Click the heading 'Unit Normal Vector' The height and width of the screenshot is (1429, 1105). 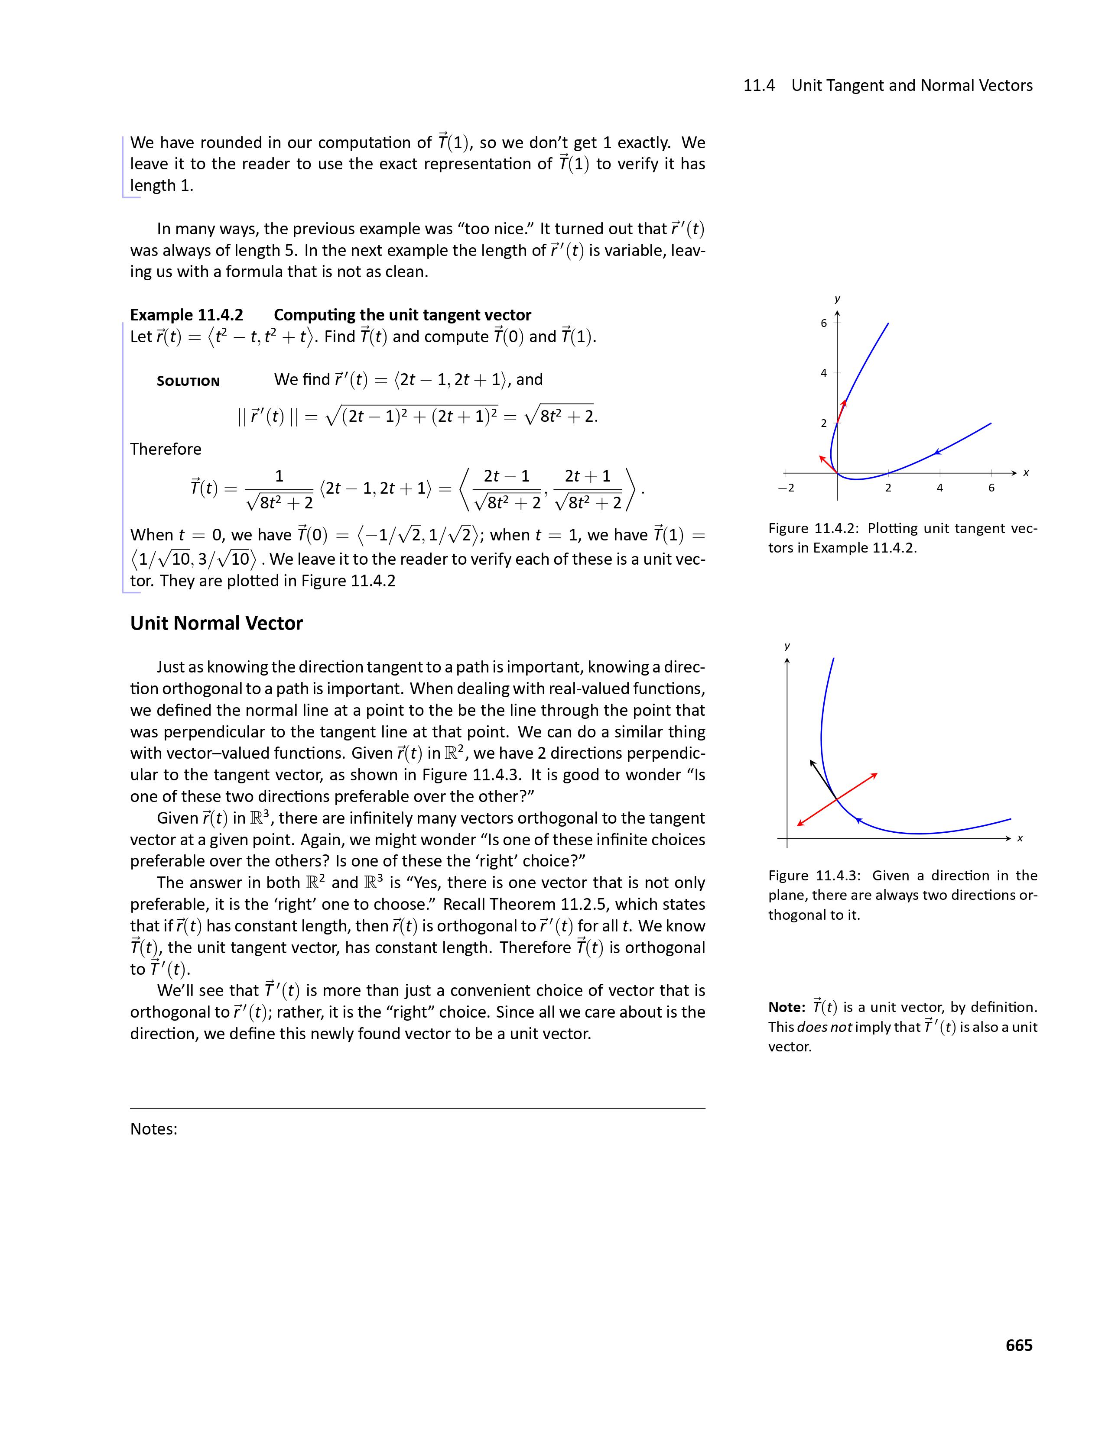tap(216, 623)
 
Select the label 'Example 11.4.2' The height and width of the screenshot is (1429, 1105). tap(187, 315)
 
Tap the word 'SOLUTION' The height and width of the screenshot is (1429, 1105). tap(188, 381)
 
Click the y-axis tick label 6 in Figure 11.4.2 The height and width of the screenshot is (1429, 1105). tap(823, 323)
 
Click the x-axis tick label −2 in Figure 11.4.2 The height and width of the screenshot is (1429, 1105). tap(786, 488)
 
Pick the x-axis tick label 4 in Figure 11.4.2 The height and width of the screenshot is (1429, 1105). tap(939, 488)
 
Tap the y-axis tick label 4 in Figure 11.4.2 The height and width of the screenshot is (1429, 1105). tap(823, 373)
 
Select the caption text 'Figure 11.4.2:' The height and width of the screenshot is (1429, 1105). tap(814, 528)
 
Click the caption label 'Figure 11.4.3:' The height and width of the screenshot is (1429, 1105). tap(814, 876)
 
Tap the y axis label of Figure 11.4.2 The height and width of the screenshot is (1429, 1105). tap(837, 299)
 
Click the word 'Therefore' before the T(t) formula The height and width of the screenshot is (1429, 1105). tap(166, 449)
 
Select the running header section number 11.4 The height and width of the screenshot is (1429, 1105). tap(759, 86)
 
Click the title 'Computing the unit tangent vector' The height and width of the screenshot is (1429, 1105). tap(402, 315)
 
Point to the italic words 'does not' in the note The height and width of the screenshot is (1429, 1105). tap(824, 1027)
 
